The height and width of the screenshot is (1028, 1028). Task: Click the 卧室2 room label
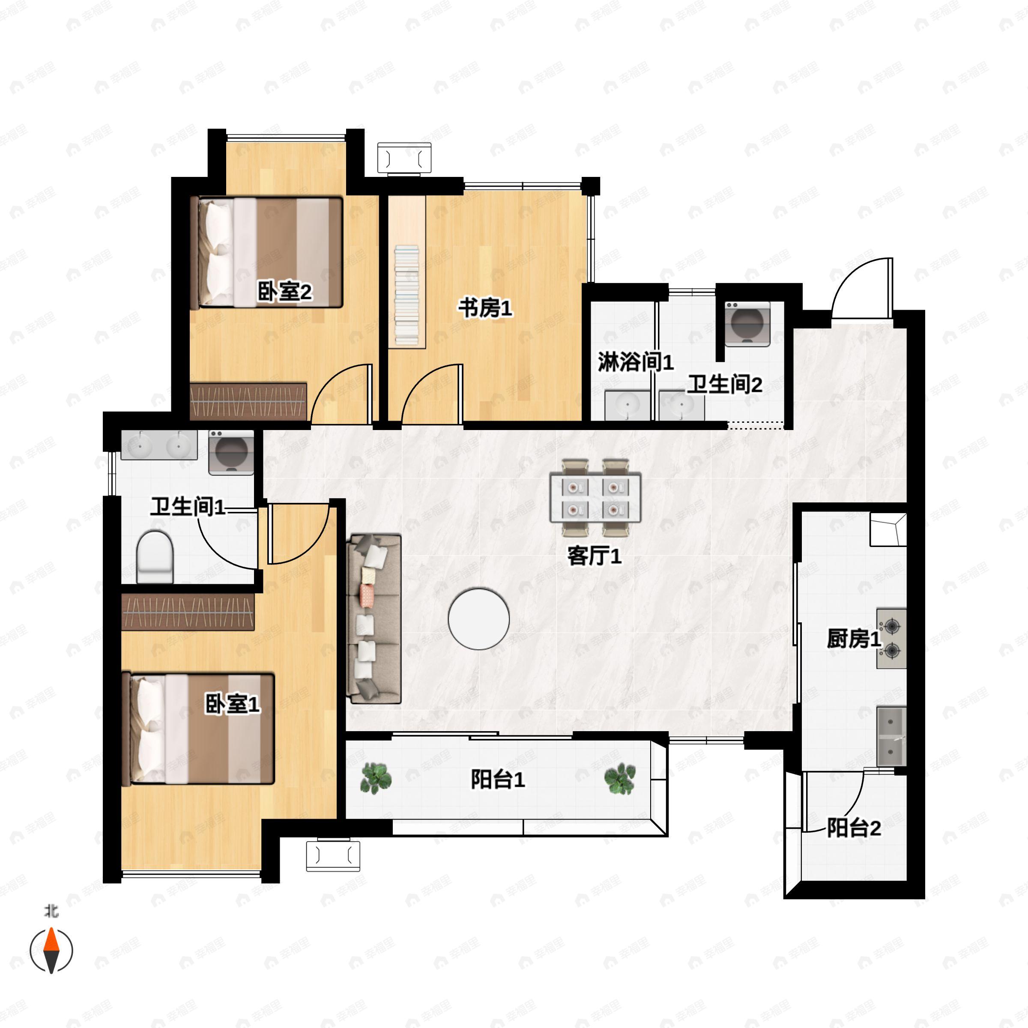tap(285, 292)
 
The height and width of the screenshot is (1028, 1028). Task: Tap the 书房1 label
tap(485, 308)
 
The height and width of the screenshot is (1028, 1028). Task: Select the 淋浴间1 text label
tap(635, 362)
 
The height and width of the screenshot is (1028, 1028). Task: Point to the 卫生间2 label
tap(725, 384)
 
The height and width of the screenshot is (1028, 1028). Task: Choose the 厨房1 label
tap(854, 639)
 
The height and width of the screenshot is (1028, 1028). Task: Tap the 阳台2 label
tap(854, 828)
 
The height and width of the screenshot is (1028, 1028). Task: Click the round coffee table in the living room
tap(479, 619)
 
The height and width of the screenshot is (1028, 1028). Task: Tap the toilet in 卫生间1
tap(155, 556)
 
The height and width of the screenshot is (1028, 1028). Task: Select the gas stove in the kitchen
tap(891, 639)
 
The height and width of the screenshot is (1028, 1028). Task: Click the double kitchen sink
tap(891, 736)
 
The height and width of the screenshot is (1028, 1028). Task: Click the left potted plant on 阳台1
tap(376, 778)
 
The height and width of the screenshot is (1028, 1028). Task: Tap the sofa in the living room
tap(374, 619)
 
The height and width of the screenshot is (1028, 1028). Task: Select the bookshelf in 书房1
tap(406, 272)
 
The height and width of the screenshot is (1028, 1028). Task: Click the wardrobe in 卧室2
tap(248, 401)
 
